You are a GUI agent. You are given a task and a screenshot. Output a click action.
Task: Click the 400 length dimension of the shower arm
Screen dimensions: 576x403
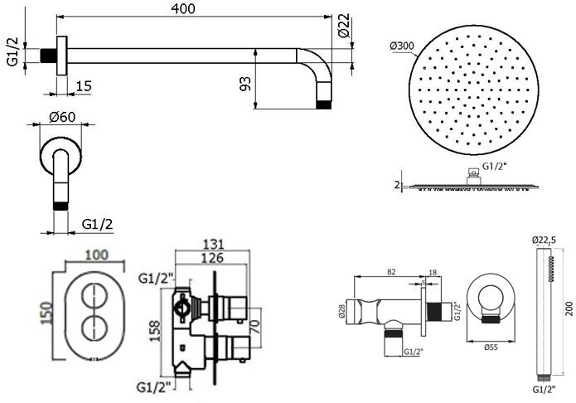[x=183, y=9]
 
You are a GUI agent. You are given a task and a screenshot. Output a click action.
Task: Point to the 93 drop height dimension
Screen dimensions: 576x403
[x=246, y=84]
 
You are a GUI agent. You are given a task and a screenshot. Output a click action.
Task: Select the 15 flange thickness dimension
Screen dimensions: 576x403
[x=84, y=86]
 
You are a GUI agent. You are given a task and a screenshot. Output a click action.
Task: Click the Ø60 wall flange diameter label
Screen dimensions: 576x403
[x=62, y=117]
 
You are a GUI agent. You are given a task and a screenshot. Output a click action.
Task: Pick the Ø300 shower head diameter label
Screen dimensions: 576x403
[x=402, y=46]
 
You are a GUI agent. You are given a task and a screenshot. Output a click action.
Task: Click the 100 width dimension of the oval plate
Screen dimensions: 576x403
[x=97, y=255]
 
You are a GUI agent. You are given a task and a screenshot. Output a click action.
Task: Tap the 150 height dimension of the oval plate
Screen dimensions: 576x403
[x=46, y=313]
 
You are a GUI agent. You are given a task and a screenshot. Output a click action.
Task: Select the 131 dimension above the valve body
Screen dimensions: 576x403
[x=213, y=244]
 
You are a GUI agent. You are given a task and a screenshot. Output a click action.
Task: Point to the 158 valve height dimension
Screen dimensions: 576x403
[x=155, y=331]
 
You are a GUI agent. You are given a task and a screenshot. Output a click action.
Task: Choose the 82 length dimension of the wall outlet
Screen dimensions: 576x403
[x=391, y=272]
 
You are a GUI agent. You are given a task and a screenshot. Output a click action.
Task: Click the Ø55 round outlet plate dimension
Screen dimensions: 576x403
[x=491, y=347]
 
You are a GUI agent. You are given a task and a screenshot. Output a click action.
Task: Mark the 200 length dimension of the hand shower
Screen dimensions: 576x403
[x=569, y=308]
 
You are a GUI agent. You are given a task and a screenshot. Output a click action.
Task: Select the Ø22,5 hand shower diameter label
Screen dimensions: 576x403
[x=545, y=240]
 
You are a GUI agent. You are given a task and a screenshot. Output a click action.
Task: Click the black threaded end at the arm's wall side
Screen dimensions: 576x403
[x=48, y=56]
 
